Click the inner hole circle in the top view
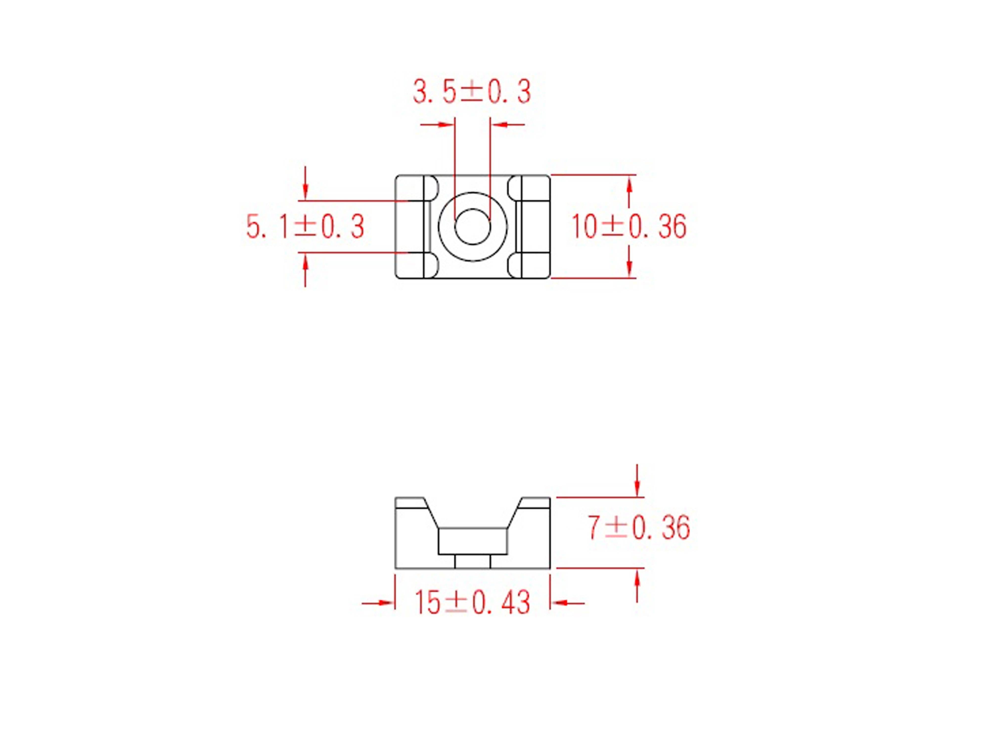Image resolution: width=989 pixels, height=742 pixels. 472,226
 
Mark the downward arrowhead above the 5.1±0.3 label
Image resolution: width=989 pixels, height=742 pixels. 305,193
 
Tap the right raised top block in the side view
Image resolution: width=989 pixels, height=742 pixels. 535,503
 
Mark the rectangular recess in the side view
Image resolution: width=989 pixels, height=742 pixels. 472,541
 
